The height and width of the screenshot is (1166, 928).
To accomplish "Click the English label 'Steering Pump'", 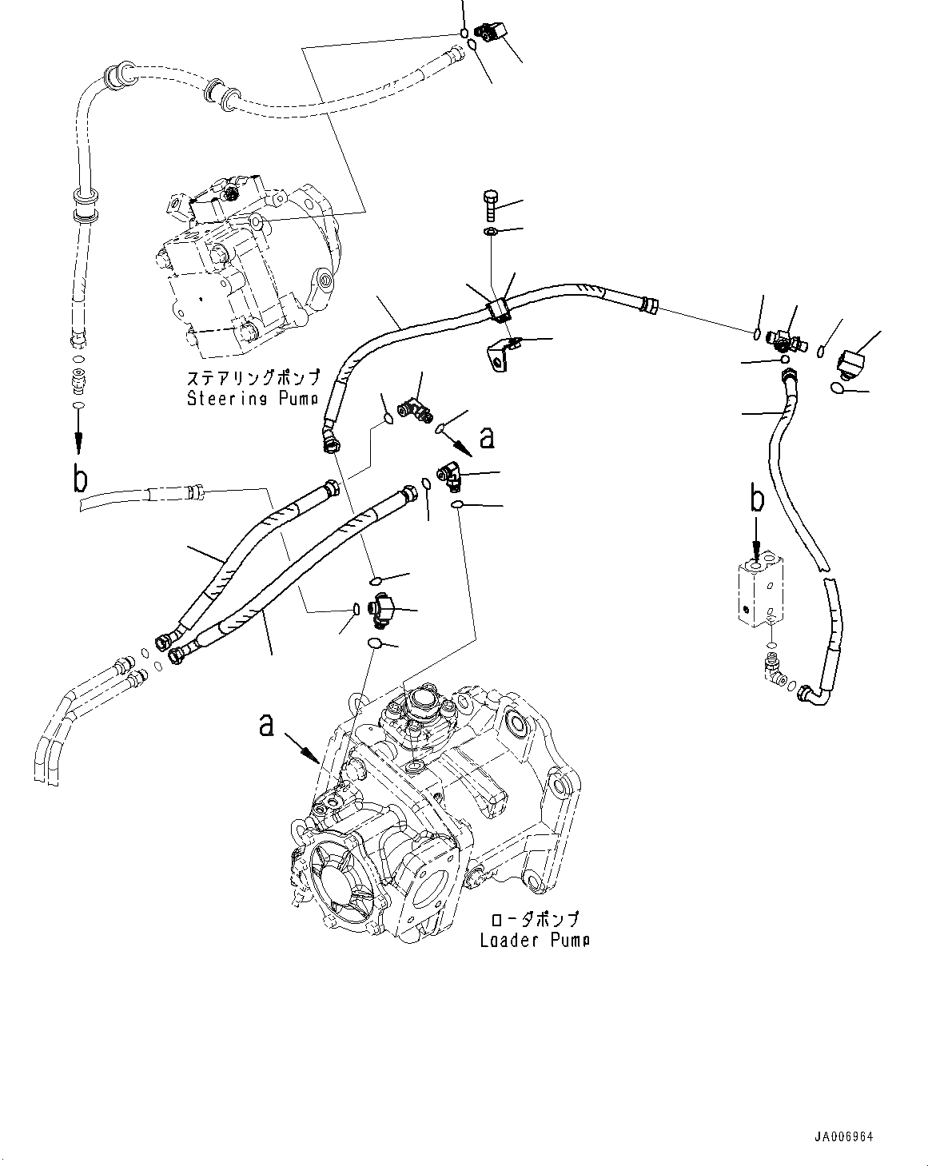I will [x=253, y=398].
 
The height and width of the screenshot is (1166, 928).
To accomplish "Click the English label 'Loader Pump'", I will [x=535, y=940].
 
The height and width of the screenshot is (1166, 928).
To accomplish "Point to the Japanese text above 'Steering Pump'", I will [x=253, y=377].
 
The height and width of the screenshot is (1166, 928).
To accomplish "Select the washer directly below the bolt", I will [x=490, y=233].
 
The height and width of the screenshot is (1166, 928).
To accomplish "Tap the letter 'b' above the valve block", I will [x=755, y=499].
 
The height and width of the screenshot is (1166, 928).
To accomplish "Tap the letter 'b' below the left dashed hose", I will [x=79, y=480].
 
